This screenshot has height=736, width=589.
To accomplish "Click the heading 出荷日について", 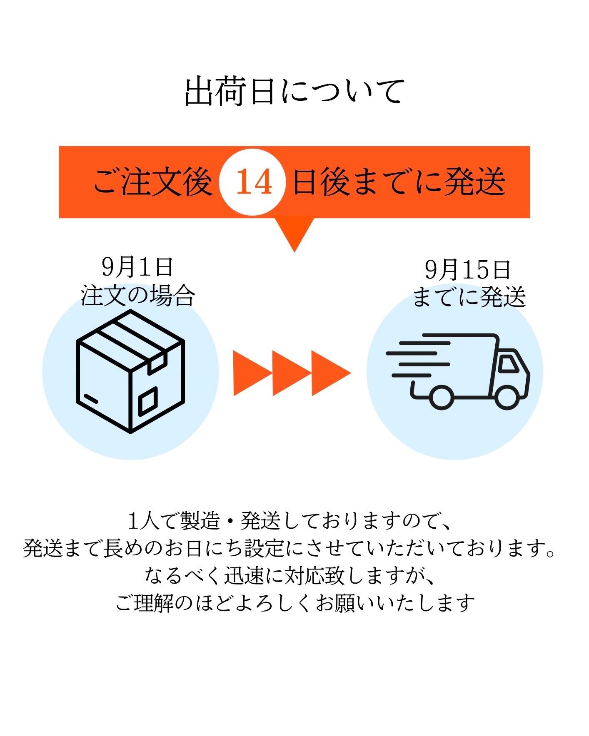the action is tap(294, 91).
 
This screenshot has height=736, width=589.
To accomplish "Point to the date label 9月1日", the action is tap(137, 267).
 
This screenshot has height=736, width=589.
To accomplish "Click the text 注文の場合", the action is tap(138, 296).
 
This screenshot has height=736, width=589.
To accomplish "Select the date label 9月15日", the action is tap(467, 270).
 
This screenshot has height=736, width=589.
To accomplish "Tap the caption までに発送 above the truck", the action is tap(469, 298).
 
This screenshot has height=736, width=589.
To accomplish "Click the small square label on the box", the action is tap(148, 400).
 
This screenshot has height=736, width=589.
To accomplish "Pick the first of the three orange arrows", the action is tap(252, 373).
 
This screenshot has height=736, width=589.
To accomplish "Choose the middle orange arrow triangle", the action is tap(291, 373).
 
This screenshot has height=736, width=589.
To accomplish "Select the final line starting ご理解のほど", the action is tap(295, 603).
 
